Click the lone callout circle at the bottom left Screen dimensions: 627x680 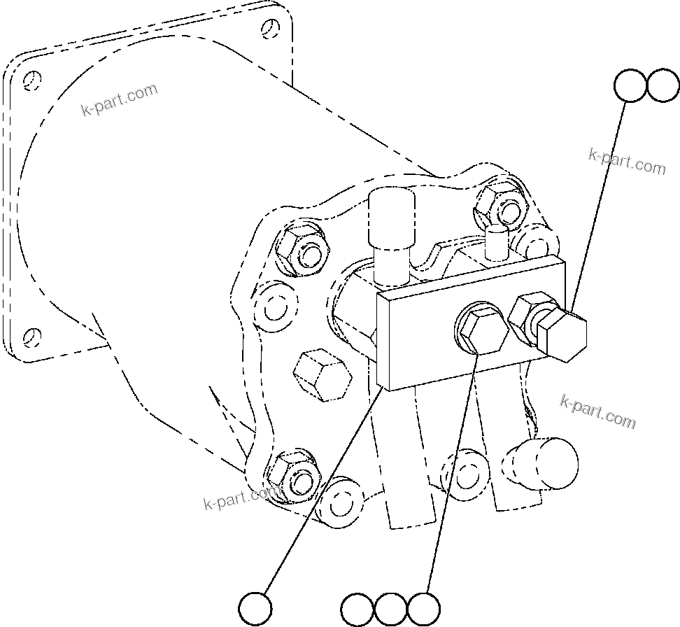click(x=255, y=607)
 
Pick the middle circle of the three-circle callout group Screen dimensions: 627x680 click(x=390, y=609)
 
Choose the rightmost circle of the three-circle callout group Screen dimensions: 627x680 click(x=424, y=609)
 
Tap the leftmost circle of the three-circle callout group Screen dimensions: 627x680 click(x=357, y=609)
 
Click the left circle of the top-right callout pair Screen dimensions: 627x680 click(x=630, y=85)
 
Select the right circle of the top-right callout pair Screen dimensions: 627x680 click(x=663, y=85)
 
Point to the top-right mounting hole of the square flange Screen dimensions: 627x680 click(x=271, y=29)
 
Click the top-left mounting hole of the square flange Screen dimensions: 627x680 click(x=29, y=81)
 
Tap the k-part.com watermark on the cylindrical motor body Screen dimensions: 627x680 click(x=119, y=100)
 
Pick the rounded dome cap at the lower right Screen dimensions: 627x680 click(x=549, y=464)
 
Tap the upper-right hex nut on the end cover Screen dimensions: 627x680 click(x=497, y=204)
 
